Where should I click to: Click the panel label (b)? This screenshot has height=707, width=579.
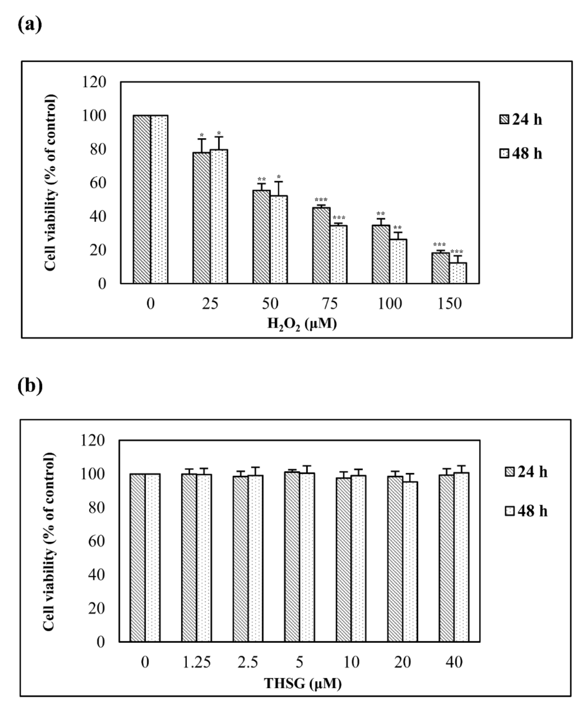30,386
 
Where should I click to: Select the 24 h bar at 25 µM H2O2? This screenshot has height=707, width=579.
201,218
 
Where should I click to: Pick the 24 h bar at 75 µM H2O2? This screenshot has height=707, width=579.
321,246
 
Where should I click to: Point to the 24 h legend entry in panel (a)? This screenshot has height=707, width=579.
521,120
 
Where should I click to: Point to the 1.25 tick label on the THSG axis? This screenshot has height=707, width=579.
197,662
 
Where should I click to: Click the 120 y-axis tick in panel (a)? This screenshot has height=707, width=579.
94,82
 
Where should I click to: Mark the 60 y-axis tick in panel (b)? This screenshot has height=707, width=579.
96,541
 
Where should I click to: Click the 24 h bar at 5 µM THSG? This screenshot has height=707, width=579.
292,557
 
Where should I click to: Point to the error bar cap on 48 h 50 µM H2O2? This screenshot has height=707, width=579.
279,182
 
